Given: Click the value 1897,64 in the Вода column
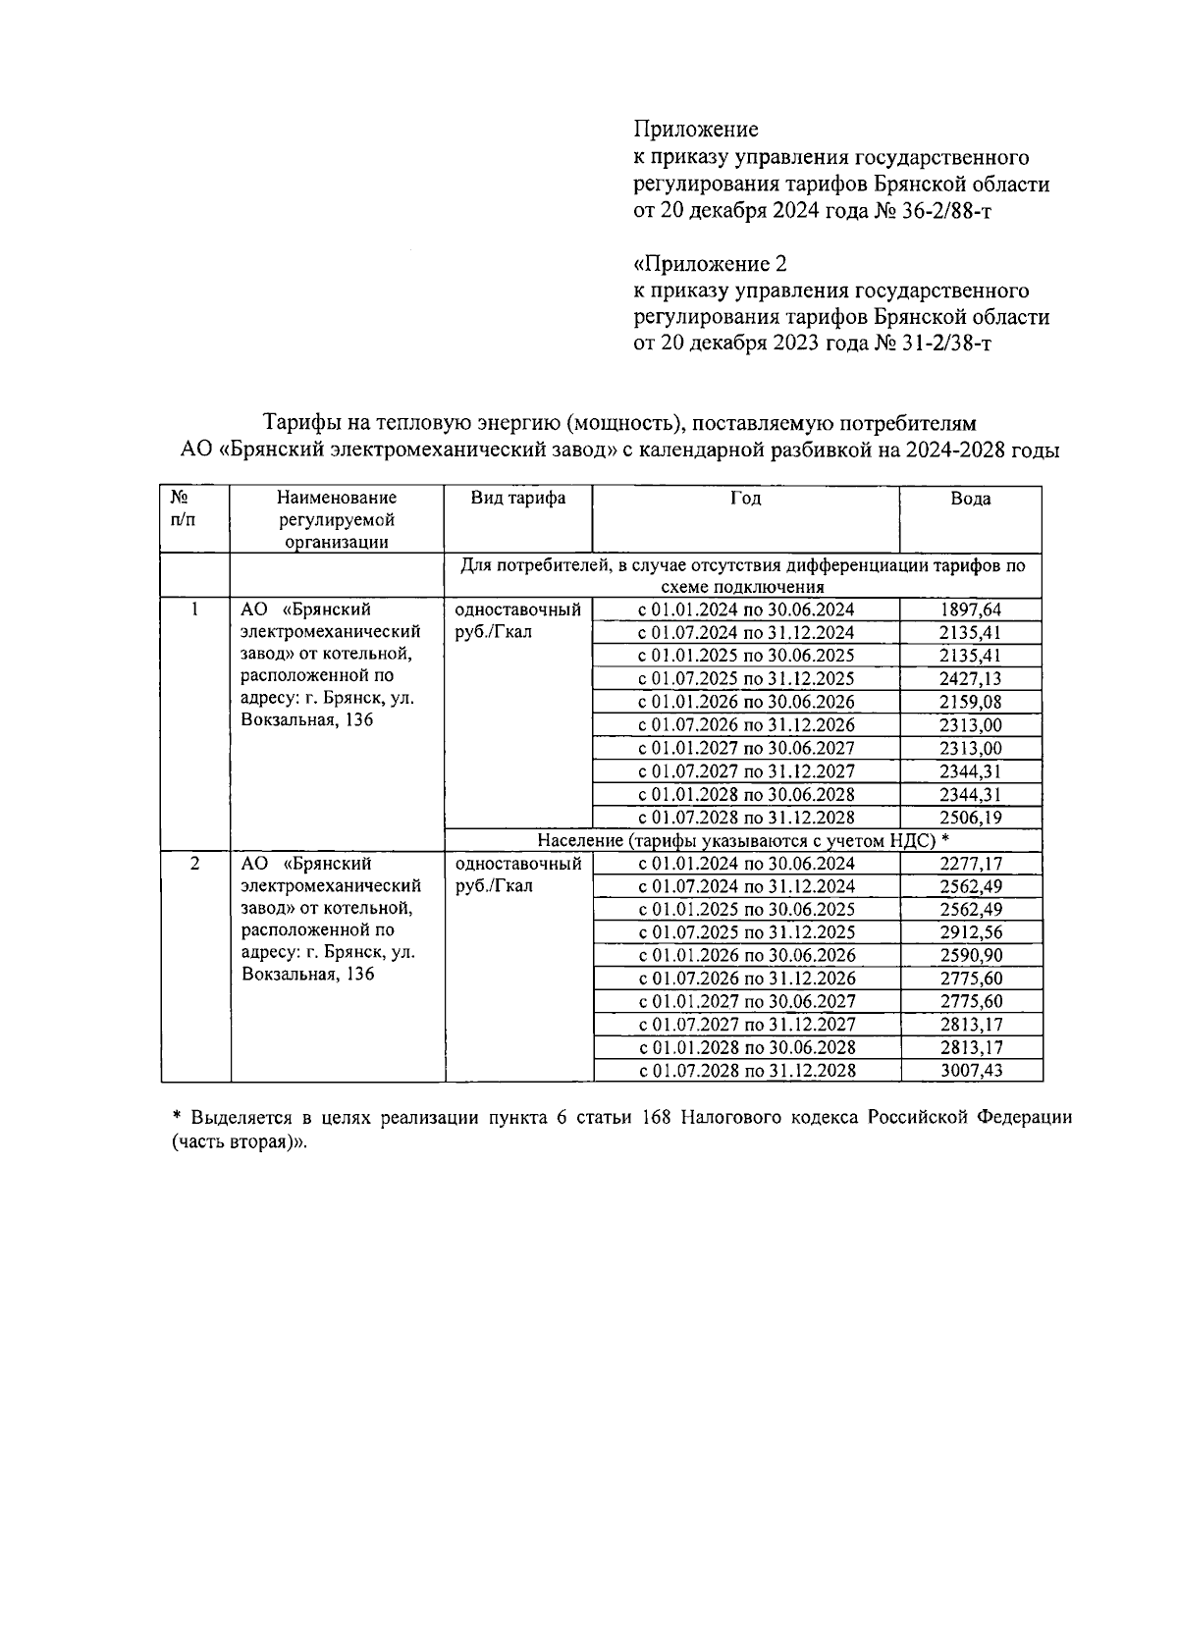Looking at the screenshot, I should coord(970,609).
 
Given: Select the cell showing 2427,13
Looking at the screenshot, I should coord(970,679).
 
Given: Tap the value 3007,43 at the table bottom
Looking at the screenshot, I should coord(971,1071).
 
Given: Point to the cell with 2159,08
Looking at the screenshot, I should coord(970,703).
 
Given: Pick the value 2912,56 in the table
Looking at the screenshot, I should coord(971,932).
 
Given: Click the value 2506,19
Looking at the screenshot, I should coord(970,818).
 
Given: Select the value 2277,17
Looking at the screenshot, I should coord(971,864).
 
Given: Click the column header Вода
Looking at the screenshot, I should coord(970,499).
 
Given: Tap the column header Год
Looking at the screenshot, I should coord(745,499).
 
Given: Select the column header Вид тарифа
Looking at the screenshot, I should coord(517,499).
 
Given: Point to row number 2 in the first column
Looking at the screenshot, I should coord(194,864).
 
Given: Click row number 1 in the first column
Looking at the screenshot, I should coord(194,609).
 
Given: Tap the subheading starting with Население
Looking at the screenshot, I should coord(743,841).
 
